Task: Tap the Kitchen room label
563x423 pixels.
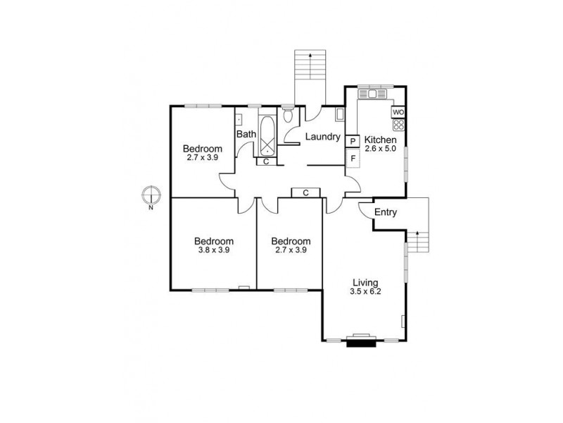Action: pos(381,140)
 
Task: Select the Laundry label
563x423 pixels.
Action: pos(323,137)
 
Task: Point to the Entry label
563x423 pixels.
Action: pos(385,212)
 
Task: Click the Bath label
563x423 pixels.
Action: pos(246,134)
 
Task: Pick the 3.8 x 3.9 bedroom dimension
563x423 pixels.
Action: pos(214,250)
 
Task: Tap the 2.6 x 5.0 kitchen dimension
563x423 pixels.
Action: pos(381,149)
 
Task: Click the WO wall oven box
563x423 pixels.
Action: pos(398,112)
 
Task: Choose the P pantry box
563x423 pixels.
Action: pos(353,141)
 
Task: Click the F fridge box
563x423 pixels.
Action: pos(353,157)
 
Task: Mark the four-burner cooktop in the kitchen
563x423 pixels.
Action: pos(398,125)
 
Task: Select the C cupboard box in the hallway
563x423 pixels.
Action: pos(305,192)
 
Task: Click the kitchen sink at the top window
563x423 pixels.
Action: pos(368,94)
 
